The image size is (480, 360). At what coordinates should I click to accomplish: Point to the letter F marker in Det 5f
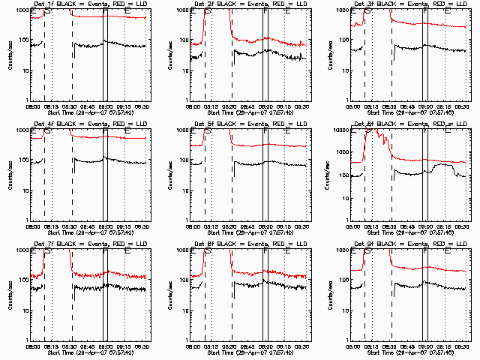(x=265, y=133)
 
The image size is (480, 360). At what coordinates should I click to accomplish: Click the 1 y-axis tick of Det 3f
(x=347, y=100)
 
